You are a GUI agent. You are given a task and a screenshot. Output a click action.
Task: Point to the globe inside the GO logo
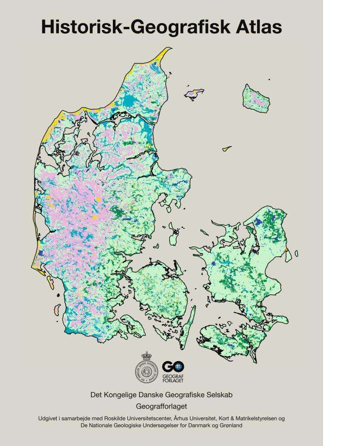179,367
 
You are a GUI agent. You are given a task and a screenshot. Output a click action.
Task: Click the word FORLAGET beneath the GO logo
173,380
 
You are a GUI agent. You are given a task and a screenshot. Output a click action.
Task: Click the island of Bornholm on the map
257,98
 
